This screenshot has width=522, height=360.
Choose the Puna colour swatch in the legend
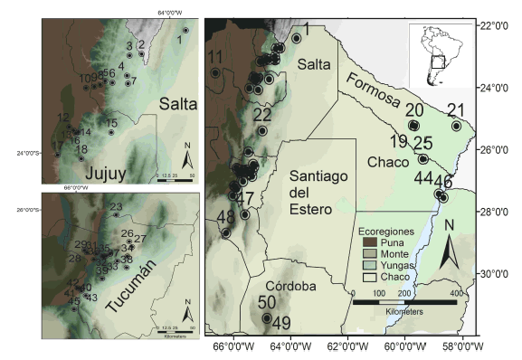pos(369,242)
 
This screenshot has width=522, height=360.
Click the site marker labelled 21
pos(457,127)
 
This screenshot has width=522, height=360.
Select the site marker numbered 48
pos(226,232)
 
